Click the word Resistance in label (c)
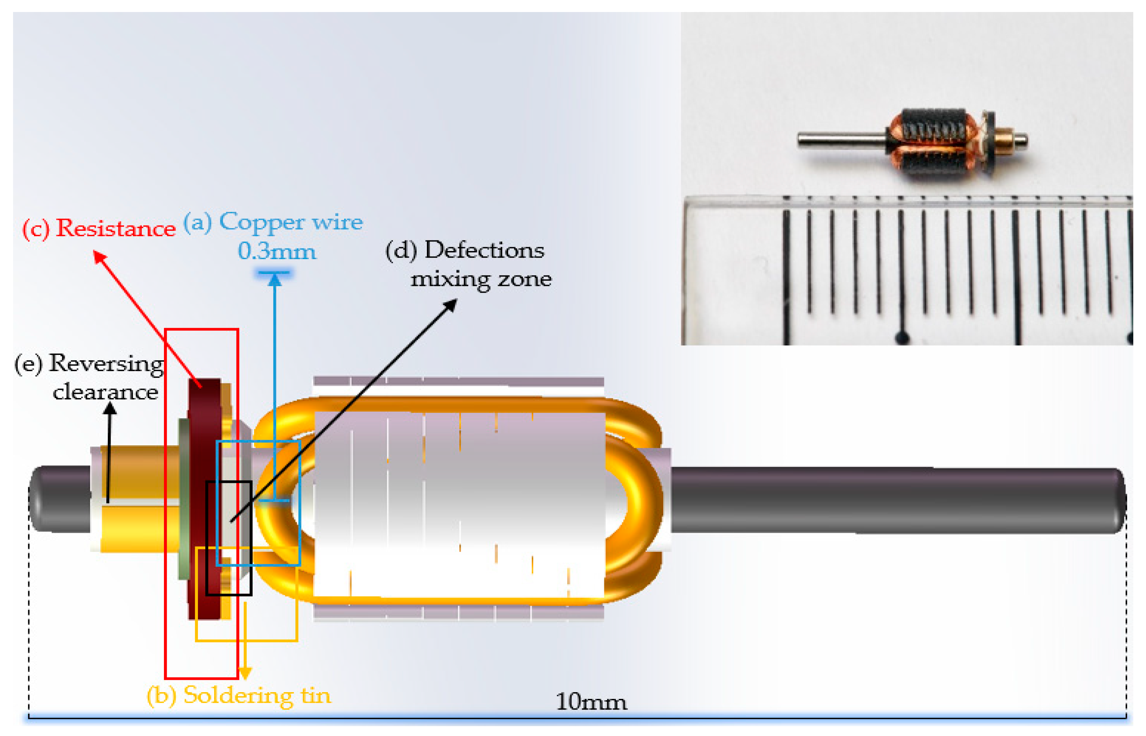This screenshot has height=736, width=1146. point(116,228)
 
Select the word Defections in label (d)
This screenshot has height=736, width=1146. point(484,250)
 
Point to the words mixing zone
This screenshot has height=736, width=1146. point(481,279)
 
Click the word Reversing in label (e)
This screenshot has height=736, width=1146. point(106,364)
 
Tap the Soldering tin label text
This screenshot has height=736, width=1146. point(257,695)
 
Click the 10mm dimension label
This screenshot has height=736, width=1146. point(591,702)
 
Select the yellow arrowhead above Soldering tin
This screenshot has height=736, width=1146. point(245,673)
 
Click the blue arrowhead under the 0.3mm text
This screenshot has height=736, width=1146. point(275,280)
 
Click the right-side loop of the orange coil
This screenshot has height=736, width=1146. point(638,500)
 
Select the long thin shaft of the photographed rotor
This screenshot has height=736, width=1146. point(841,140)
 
